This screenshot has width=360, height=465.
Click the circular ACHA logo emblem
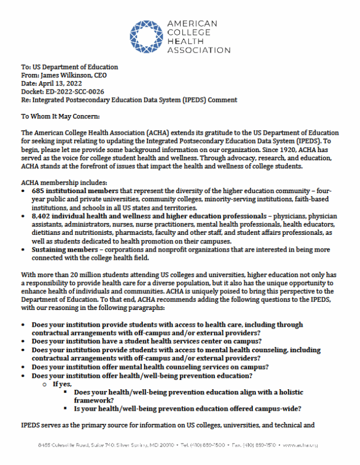tap(146, 36)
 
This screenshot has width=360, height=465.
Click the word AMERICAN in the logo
tap(192, 24)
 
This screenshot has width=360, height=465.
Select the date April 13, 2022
tap(60, 83)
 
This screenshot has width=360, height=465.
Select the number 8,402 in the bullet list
tap(42, 216)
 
